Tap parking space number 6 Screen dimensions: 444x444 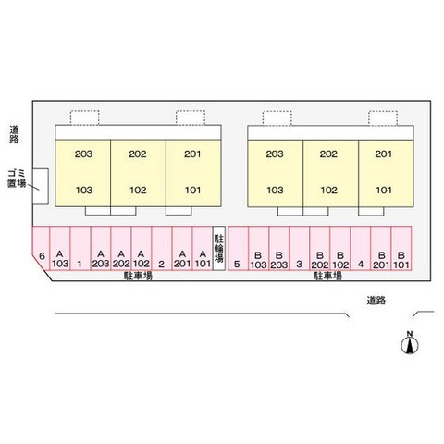tap(41, 249)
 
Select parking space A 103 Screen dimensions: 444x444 tap(60, 249)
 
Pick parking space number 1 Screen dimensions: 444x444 tap(80, 249)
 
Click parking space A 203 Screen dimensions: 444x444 tap(101, 249)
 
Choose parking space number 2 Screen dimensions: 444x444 tap(162, 249)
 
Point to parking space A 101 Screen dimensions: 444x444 tap(203, 249)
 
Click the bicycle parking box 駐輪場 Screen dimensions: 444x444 tap(218, 249)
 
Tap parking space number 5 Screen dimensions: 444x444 tap(238, 249)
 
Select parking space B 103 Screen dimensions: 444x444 tap(258, 249)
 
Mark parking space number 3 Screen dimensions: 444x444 tap(299, 249)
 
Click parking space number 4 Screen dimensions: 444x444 tap(360, 249)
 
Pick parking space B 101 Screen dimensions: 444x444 tap(401, 249)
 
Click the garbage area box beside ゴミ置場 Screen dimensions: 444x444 tap(41, 186)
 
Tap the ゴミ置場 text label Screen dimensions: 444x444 tap(17, 179)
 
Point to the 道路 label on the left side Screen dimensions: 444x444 tap(14, 134)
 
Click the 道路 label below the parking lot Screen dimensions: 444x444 tap(376, 301)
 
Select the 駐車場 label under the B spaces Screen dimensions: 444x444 tap(327, 276)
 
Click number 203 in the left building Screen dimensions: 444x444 tap(83, 154)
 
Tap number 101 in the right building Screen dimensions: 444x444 tap(384, 190)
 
